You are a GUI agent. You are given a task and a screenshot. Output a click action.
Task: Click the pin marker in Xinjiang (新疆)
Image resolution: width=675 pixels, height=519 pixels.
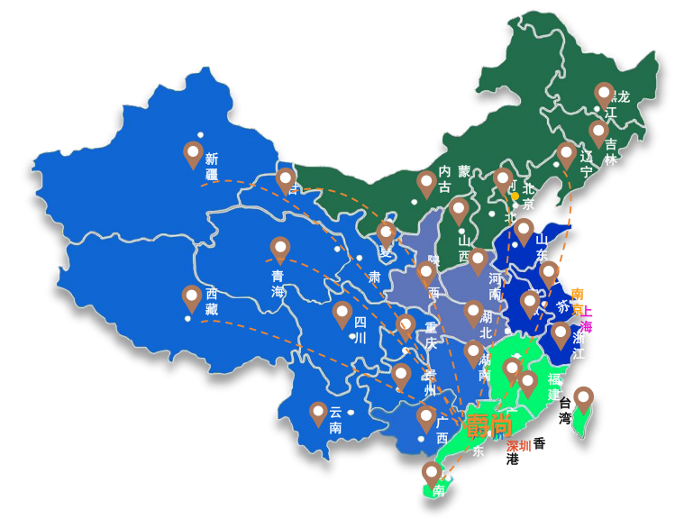(x=192, y=154)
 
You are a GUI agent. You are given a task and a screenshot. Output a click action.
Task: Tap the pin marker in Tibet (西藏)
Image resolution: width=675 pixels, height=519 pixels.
(x=191, y=297)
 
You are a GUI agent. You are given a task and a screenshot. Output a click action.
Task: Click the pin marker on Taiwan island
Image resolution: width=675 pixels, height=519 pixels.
(x=584, y=399)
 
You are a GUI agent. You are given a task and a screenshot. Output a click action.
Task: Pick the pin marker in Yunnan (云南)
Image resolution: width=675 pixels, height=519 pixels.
(x=318, y=413)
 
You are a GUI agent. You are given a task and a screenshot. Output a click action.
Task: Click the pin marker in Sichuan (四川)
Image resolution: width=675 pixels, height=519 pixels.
(x=342, y=314)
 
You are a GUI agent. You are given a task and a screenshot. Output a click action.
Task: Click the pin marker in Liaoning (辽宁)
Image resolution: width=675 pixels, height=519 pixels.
(x=566, y=154)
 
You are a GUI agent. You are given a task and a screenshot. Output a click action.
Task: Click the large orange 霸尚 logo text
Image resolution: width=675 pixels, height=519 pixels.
(x=488, y=423)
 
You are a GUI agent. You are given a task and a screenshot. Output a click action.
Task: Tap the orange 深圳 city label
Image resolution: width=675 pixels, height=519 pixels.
(x=518, y=445)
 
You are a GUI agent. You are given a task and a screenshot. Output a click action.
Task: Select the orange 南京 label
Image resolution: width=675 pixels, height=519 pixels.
(x=578, y=300)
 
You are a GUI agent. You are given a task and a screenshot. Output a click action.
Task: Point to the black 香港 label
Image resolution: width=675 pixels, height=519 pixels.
(x=526, y=451)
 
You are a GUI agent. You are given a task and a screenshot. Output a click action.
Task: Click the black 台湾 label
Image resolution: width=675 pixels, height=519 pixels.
(x=565, y=410)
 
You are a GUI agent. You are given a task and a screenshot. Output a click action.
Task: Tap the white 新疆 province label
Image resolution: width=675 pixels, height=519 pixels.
(x=212, y=166)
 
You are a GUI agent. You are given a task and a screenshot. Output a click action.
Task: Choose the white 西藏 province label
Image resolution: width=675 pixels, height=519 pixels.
(x=212, y=301)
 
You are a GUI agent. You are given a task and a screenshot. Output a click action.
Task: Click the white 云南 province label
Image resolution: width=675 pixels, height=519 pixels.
(x=335, y=419)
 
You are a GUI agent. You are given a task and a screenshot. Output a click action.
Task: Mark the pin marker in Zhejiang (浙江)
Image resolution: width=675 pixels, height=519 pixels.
(x=561, y=335)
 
